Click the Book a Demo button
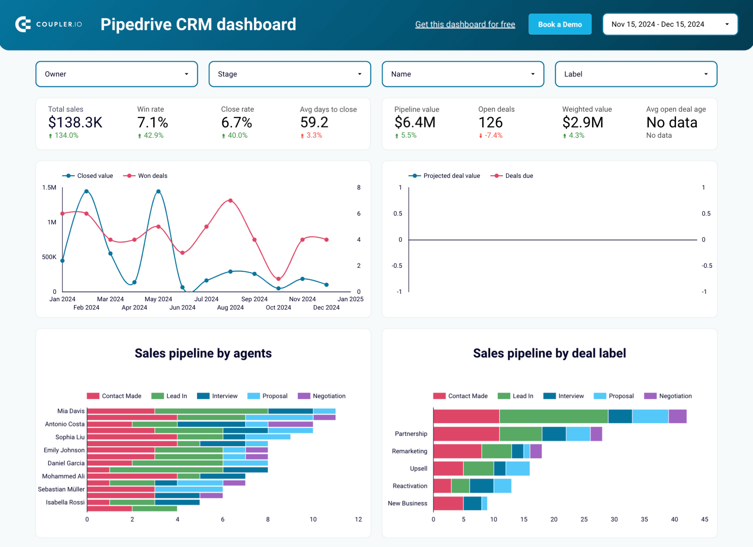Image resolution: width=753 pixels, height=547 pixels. (x=560, y=25)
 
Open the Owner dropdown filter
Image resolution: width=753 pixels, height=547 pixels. (x=117, y=74)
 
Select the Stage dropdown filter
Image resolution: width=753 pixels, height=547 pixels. (x=290, y=74)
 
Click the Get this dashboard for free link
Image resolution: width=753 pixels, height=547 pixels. (x=465, y=25)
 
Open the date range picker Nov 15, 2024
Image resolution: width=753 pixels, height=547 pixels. (x=670, y=25)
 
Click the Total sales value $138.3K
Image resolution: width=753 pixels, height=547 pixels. (x=75, y=122)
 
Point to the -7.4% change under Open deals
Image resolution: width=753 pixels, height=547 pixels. (x=493, y=136)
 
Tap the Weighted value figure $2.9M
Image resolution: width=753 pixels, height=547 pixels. (x=582, y=122)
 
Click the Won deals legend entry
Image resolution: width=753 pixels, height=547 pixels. (x=152, y=176)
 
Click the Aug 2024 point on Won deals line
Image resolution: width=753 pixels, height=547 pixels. (x=231, y=201)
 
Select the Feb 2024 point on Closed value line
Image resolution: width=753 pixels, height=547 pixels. (x=86, y=191)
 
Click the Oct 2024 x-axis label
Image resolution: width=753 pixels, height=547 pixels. (x=278, y=308)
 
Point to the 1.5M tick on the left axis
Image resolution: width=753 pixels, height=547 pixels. (x=49, y=188)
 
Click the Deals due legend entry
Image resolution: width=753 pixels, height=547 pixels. (x=519, y=176)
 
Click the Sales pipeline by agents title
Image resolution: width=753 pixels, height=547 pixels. (x=203, y=353)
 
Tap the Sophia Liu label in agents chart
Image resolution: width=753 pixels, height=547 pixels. (x=70, y=437)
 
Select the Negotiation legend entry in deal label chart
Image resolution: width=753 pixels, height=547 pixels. (x=675, y=396)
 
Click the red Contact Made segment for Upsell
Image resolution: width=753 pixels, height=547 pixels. (x=448, y=469)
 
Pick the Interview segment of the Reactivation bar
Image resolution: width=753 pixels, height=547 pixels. (x=481, y=486)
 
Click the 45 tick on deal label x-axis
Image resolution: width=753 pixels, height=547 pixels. (x=704, y=519)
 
